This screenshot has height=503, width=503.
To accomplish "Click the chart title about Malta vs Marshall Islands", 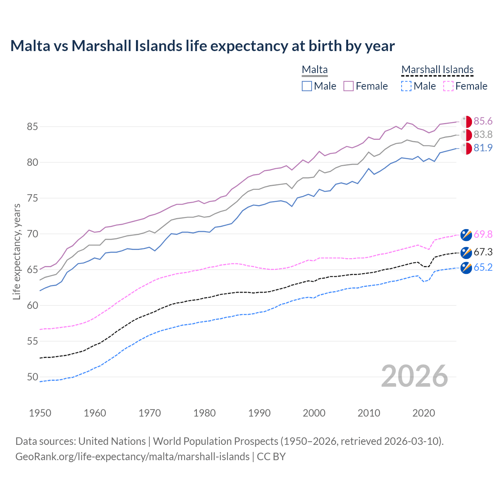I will point(202,46).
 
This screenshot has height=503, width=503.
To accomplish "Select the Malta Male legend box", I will point(307,86).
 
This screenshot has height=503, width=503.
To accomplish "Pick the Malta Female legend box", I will point(349,86).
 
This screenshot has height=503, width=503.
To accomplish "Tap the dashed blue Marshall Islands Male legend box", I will point(406,86).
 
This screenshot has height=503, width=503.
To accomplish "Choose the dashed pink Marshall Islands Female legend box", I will point(448,86).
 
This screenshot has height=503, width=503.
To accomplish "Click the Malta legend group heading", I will point(315,70).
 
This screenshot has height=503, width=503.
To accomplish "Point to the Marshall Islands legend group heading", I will point(437,70).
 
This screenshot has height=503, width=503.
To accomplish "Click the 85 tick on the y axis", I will point(33,127).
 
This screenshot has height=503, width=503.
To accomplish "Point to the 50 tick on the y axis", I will point(33,377).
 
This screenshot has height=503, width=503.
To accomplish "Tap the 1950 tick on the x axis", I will point(40,413).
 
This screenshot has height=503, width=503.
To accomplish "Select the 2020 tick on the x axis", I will point(424,413).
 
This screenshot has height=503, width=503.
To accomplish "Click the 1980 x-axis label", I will point(204,413).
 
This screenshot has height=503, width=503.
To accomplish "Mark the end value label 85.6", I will point(483,121).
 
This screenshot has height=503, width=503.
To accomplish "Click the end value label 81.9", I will point(483,148).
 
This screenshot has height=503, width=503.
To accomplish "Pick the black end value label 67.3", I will point(483,252).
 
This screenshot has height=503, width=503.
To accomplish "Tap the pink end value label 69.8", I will point(483,235).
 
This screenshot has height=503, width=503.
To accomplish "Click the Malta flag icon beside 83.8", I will point(466,135).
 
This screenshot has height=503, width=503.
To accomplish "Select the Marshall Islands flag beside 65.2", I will point(466,268).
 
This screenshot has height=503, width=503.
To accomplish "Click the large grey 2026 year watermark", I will point(415,376).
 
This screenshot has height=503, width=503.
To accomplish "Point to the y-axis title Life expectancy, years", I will point(17,251).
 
